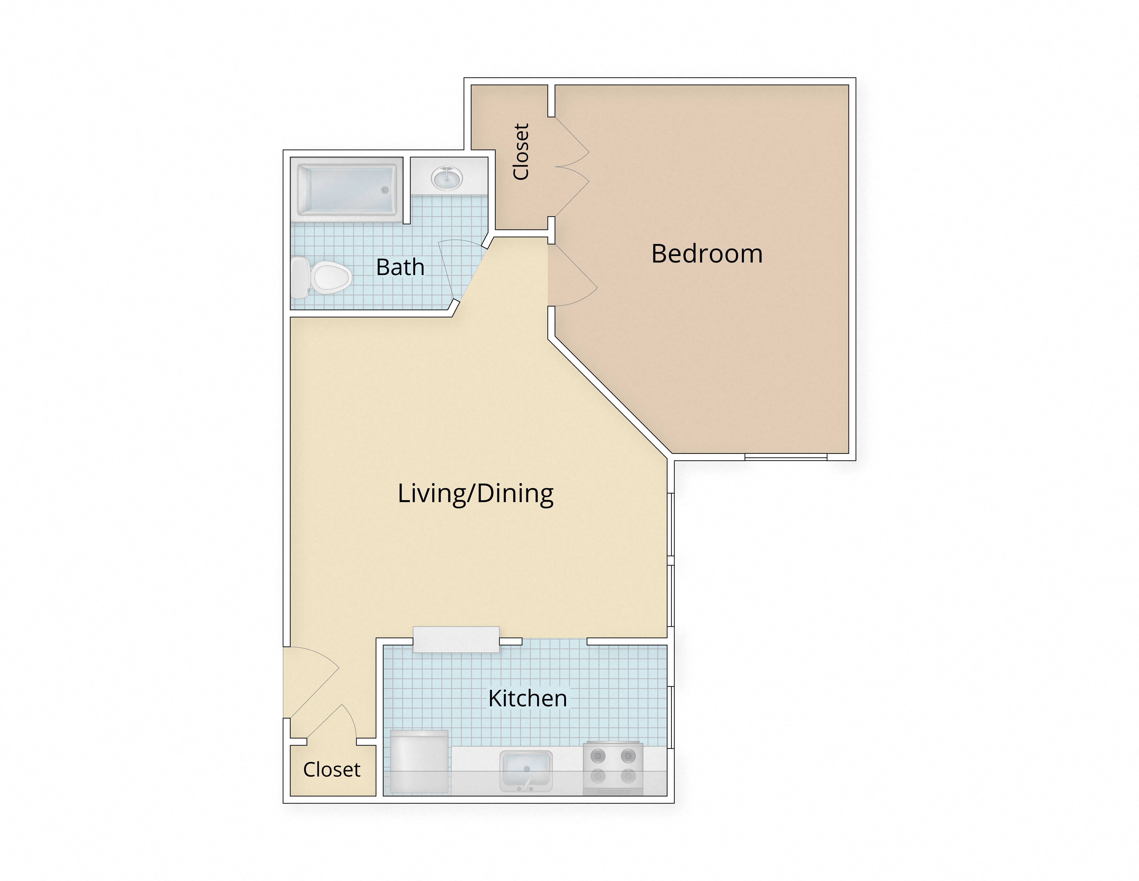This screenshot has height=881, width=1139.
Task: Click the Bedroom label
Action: (x=707, y=254)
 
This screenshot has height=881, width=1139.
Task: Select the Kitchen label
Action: (x=527, y=698)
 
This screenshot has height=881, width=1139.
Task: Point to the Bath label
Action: (x=400, y=267)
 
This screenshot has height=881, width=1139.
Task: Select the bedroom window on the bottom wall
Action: (x=785, y=457)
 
